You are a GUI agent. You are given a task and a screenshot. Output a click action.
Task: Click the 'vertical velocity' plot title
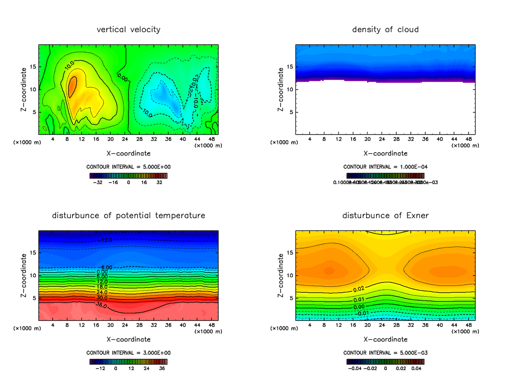[128, 30]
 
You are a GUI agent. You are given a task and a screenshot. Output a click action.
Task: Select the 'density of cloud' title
[385, 30]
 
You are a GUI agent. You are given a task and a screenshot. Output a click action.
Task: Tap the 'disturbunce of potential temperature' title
[128, 215]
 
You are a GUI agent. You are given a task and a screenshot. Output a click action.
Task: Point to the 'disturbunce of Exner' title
[385, 215]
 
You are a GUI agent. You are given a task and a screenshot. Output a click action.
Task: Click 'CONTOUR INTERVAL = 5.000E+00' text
[128, 166]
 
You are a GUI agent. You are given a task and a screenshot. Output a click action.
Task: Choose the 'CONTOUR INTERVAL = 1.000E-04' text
[385, 166]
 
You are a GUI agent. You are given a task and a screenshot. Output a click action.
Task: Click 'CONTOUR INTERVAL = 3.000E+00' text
[128, 353]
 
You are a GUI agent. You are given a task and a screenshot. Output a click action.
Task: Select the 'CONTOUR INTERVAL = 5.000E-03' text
[385, 353]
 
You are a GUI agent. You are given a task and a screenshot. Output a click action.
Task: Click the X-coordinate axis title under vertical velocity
[128, 153]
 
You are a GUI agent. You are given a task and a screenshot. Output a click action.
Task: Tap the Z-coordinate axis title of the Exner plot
[281, 275]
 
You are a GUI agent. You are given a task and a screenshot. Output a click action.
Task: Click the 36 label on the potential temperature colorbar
[162, 368]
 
